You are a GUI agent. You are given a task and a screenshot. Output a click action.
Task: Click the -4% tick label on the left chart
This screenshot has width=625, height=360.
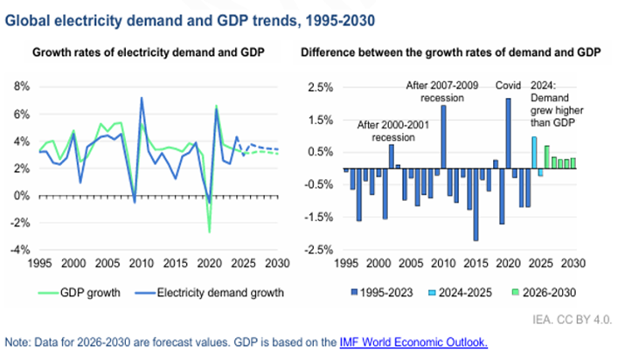click(20, 249)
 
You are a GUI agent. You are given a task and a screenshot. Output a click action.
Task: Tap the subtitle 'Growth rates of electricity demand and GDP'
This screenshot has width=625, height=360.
click(149, 53)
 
